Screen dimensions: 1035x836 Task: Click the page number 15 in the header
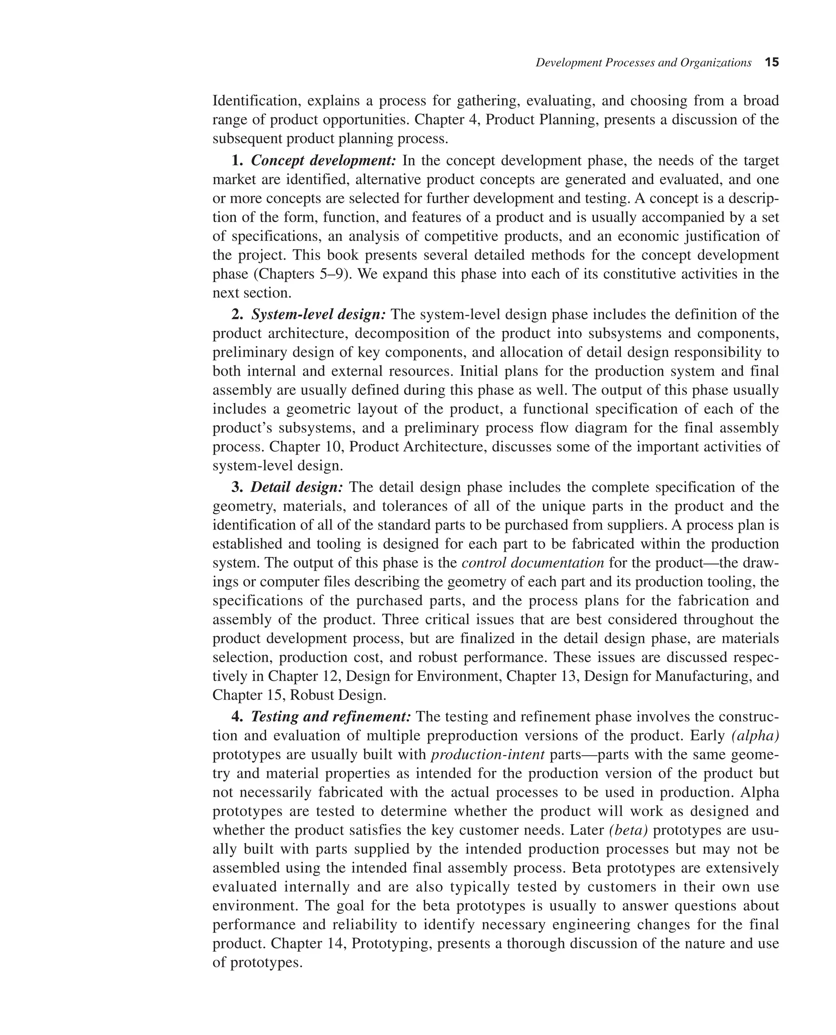(x=772, y=62)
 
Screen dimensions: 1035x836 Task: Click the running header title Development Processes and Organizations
(x=643, y=62)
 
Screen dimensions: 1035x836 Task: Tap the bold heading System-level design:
(x=318, y=314)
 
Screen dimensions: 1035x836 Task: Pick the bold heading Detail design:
(x=297, y=487)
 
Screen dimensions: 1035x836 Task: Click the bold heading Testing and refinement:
(x=331, y=717)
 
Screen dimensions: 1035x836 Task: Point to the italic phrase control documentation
(x=533, y=563)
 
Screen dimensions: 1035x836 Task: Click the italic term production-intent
(x=488, y=754)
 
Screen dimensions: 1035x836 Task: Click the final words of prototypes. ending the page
(x=258, y=962)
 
